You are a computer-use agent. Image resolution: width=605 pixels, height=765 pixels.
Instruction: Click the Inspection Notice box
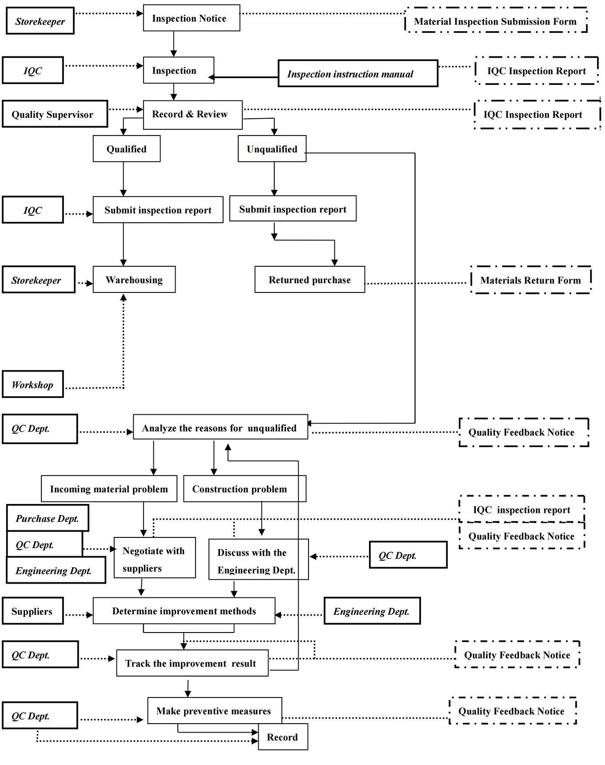191,18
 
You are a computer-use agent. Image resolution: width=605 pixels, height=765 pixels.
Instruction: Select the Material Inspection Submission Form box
495,21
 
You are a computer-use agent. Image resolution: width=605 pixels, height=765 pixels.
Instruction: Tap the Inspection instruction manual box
357,74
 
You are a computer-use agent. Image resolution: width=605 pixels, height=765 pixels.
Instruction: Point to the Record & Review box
192,115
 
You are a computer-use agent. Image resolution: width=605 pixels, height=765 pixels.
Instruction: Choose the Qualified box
126,149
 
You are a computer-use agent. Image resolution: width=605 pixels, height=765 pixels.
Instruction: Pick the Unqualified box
272,149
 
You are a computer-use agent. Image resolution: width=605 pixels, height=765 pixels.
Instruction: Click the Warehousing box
134,280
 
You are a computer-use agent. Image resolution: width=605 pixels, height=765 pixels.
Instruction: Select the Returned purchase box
309,280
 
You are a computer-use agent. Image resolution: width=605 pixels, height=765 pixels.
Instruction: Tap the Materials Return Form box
530,280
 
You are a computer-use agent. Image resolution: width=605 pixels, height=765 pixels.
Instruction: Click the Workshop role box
32,385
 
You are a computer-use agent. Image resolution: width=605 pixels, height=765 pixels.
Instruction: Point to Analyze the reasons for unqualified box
220,428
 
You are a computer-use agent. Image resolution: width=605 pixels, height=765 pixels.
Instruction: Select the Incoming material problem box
109,489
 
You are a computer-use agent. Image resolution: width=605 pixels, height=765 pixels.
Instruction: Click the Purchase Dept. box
48,518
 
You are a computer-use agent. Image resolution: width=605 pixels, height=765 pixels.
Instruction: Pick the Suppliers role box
32,611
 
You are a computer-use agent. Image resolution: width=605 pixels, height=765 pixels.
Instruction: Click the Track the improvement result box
192,663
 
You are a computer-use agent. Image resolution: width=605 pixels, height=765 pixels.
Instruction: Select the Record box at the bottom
283,737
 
